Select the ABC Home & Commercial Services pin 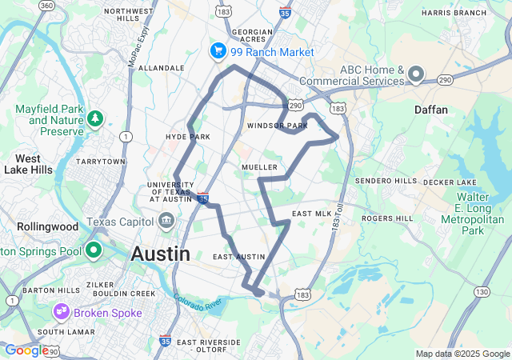tap(416, 75)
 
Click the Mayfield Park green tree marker tap(95, 119)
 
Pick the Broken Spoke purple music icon tap(61, 311)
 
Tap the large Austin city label tap(160, 254)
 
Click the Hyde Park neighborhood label tap(187, 137)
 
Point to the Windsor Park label tap(277, 126)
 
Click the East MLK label tap(311, 214)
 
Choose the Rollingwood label tap(47, 226)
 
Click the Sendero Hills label tap(386, 181)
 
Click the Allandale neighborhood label tap(162, 69)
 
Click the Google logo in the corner tap(26, 350)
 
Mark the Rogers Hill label tap(387, 218)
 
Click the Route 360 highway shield tap(47, 6)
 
